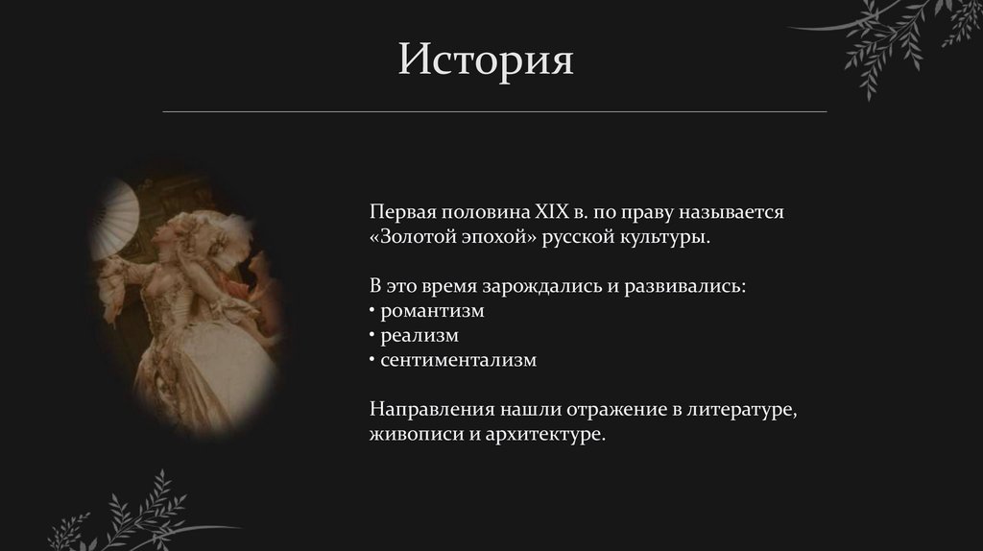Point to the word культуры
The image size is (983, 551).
pos(662,236)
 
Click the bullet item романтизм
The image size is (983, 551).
pos(431,311)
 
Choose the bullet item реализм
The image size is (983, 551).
pos(419,336)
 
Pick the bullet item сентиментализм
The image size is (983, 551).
pos(458,361)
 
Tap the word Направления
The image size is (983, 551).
pos(429,410)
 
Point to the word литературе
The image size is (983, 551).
pos(742,410)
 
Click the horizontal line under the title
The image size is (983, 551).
pos(493,112)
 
